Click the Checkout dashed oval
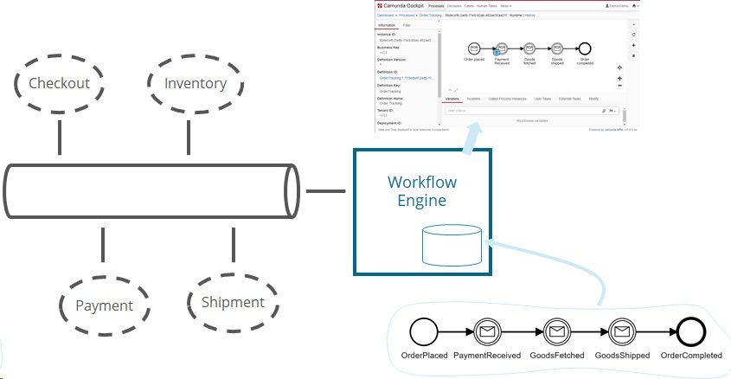point(59,83)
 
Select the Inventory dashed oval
point(195,83)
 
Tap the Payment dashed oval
point(104,305)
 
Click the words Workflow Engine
point(421,191)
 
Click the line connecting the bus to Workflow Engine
point(326,190)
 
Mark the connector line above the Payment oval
point(103,245)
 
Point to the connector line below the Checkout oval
point(59,133)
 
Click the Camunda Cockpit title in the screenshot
point(404,5)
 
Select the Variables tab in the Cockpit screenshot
point(452,99)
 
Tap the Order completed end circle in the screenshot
point(584,49)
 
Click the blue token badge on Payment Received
point(497,54)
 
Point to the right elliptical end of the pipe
point(292,189)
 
